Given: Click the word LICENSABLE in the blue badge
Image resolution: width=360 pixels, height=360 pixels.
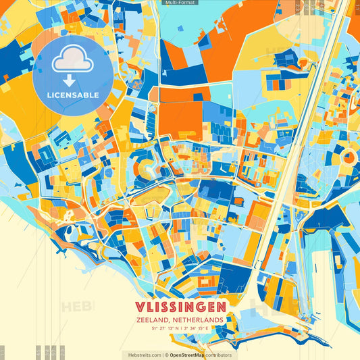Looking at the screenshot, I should pyautogui.click(x=72, y=95).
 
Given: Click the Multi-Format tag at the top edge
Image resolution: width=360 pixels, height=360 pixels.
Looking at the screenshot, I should pyautogui.click(x=180, y=3).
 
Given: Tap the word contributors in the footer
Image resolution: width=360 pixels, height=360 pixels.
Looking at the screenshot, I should pyautogui.click(x=220, y=355).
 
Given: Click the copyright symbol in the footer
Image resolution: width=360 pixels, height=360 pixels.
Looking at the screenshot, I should pyautogui.click(x=165, y=355).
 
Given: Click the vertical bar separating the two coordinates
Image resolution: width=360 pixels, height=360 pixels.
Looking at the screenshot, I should pyautogui.click(x=180, y=328).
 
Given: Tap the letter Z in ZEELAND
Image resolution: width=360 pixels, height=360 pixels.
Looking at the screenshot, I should pyautogui.click(x=137, y=319).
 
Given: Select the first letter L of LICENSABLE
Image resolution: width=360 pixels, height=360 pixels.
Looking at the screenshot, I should pyautogui.click(x=49, y=95).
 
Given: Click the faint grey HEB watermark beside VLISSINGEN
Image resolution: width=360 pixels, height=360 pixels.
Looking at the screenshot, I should pyautogui.click(x=77, y=307).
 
